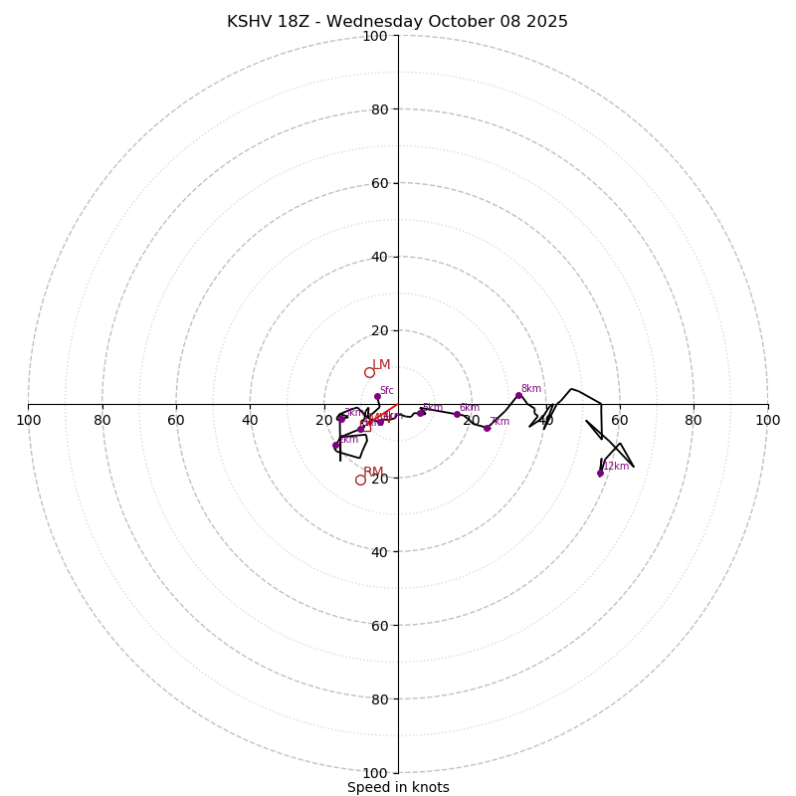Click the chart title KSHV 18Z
coord(397,22)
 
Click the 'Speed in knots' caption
coord(398,787)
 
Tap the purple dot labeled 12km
coord(600,473)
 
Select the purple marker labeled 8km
coord(518,395)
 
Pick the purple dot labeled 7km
coord(487,428)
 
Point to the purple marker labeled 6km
coord(457,414)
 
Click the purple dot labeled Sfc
coord(377,396)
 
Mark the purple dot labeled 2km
coord(335,446)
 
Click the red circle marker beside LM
coord(369,373)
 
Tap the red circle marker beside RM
coord(360,480)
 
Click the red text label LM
coord(381,365)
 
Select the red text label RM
coord(373,472)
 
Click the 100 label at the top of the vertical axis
coord(375,36)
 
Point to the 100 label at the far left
coord(28,420)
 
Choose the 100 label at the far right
coord(767,420)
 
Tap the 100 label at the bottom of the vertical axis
coord(375,773)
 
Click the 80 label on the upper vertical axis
coord(378,109)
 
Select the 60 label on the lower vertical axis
coord(378,626)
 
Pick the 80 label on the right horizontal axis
coord(694,420)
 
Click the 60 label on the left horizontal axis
coord(176,420)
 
